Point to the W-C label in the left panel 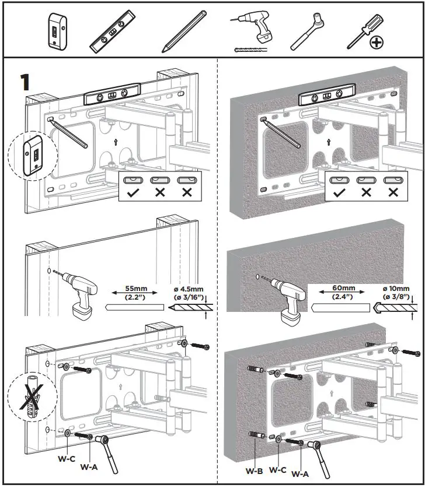click(66, 458)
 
